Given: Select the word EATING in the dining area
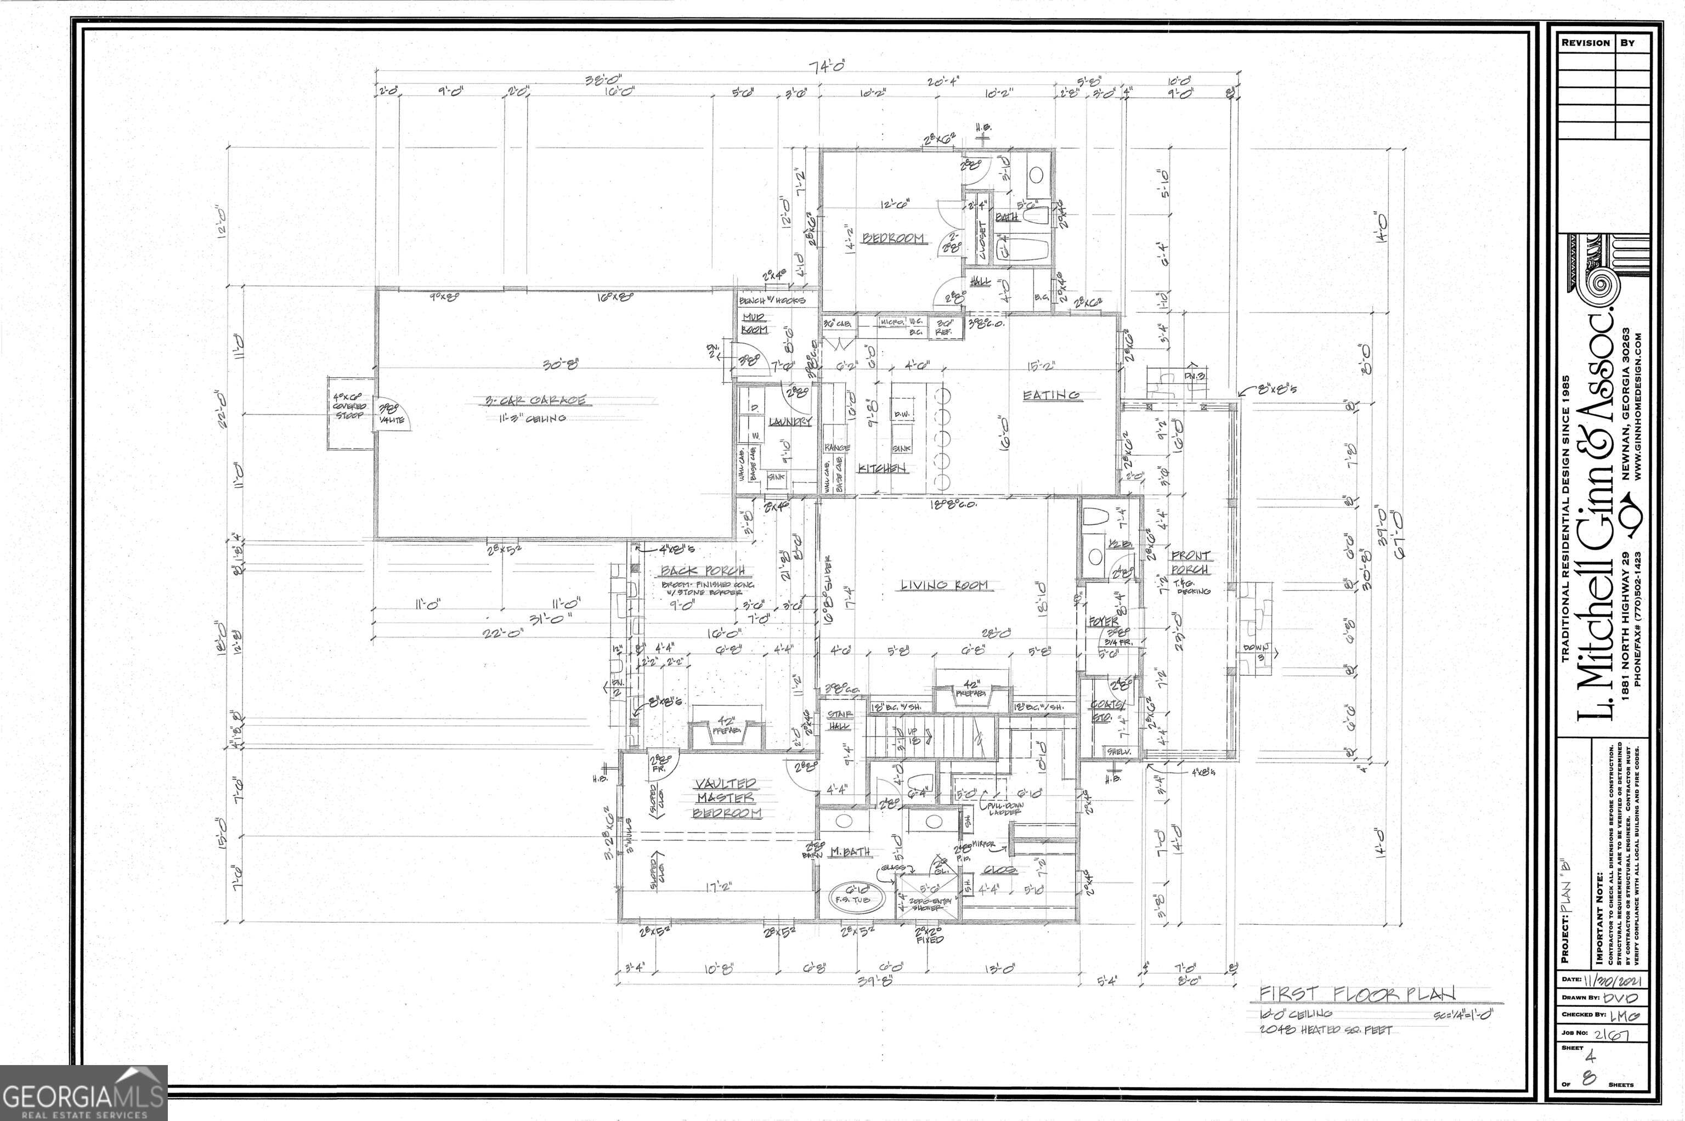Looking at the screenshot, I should click(x=1051, y=395).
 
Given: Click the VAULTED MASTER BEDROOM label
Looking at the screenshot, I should click(x=726, y=798).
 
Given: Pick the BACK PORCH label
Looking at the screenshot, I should click(x=703, y=570).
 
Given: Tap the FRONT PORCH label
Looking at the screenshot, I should click(x=1190, y=562).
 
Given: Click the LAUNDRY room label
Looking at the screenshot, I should click(x=790, y=422).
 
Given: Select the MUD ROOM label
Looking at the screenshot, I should click(x=754, y=323).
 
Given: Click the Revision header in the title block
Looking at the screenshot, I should click(x=1585, y=43).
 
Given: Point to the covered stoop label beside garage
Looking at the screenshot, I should click(x=349, y=406).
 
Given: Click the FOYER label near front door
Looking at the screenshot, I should click(x=1103, y=622).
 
